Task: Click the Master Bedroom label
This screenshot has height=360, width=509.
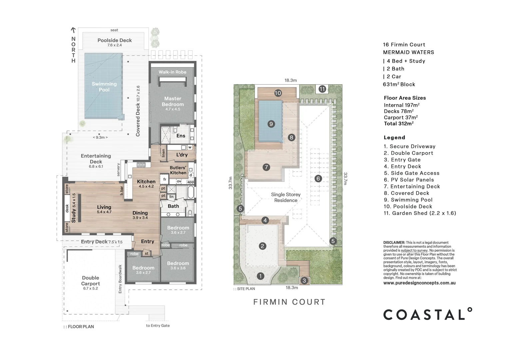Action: coord(173,101)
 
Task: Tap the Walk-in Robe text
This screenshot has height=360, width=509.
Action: coord(173,72)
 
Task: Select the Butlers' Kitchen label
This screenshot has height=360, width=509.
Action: coord(178,170)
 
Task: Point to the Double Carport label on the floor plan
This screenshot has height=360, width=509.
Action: coord(90,281)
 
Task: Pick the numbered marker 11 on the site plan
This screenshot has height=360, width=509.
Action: coord(322,89)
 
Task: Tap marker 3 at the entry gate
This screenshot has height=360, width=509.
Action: coord(304,281)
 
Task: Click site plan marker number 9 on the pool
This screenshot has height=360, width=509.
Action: coord(271,124)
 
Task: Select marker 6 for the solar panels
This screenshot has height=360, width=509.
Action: coord(318,179)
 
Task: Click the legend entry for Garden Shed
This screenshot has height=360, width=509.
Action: coord(420,213)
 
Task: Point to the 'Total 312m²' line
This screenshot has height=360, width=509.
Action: coord(398,123)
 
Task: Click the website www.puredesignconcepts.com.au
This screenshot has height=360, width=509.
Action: coord(419,283)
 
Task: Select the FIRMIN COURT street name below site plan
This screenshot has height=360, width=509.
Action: coord(289,302)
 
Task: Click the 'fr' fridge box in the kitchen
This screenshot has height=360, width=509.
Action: coord(164,179)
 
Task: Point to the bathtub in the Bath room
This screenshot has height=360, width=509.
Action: coord(191,192)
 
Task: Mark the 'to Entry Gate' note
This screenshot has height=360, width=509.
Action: coord(158,325)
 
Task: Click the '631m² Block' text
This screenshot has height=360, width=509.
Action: coord(399,84)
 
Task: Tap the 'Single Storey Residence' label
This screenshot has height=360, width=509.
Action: coord(285,197)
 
